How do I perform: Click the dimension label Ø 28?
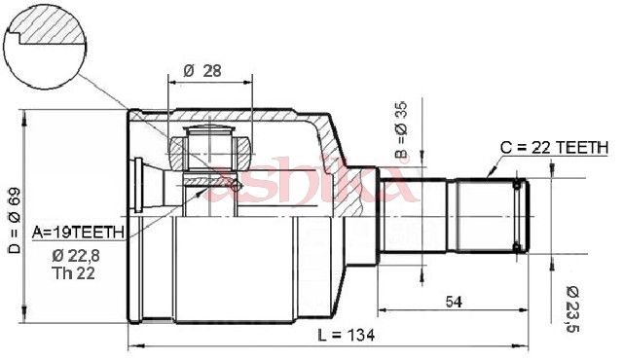202,71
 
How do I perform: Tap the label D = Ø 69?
16,220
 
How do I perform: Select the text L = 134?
347,336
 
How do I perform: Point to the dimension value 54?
454,302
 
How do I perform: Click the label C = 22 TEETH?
554,148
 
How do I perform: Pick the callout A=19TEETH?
78,233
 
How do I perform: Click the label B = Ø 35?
401,130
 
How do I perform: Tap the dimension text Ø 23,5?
572,309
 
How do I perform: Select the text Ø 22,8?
76,257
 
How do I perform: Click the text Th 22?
73,273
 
